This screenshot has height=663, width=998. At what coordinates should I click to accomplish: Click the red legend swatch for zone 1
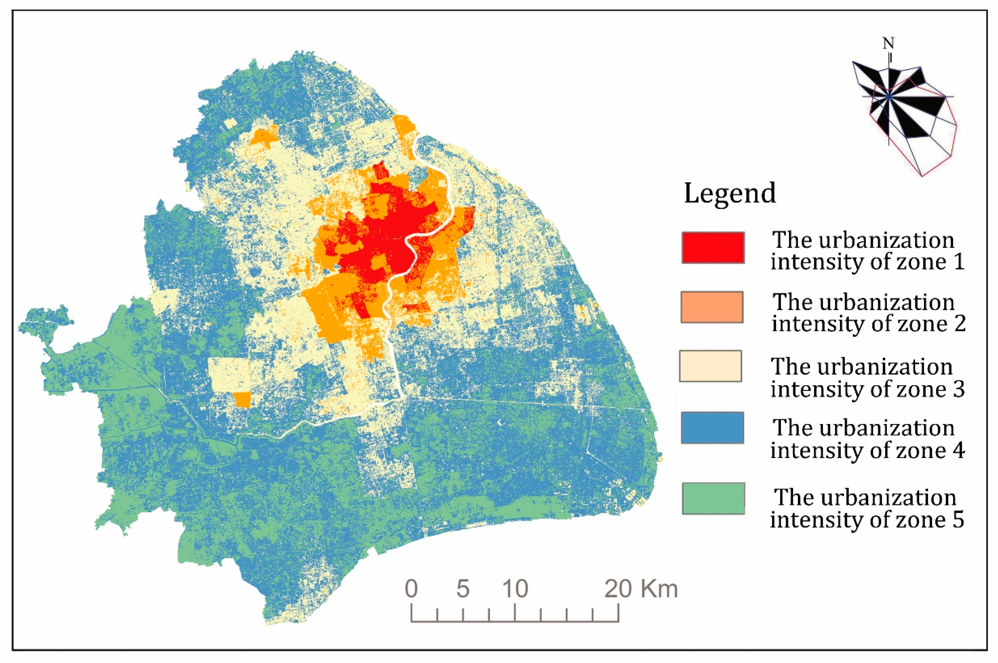tap(713, 248)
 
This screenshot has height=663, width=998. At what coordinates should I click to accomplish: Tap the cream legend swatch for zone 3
tap(710, 366)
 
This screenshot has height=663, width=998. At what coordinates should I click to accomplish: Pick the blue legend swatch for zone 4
tap(712, 428)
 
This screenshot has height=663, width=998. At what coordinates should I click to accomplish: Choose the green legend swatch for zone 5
tap(713, 498)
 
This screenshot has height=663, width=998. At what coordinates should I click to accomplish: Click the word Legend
tap(730, 193)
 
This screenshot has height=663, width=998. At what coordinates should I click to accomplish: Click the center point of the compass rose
tap(889, 97)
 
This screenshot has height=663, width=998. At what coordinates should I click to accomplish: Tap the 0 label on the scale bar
tap(411, 589)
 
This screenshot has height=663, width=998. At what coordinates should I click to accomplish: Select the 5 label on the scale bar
tap(463, 589)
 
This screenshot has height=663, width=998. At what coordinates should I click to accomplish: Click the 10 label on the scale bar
tap(515, 589)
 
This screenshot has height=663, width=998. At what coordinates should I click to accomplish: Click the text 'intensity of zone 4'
tap(867, 450)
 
